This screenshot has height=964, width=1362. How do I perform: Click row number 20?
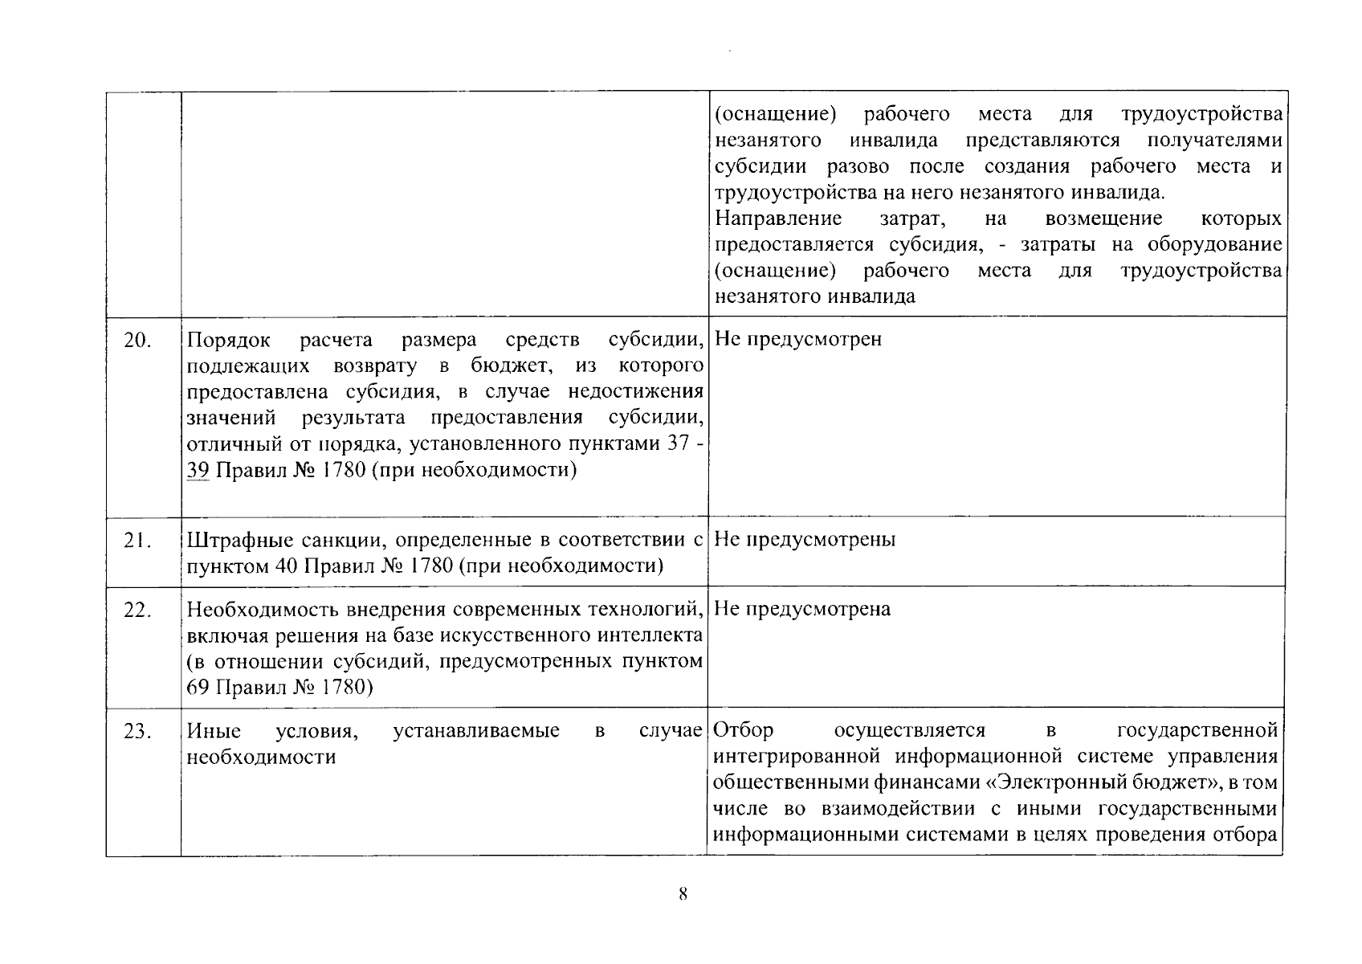[137, 341]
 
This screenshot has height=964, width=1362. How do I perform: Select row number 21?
[137, 541]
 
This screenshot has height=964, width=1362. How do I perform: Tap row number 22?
[137, 611]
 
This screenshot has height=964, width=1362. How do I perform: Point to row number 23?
[137, 732]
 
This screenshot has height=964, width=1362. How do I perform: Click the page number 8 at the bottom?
[682, 894]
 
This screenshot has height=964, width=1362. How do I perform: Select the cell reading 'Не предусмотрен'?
[798, 339]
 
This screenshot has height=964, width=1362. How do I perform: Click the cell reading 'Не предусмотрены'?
[805, 540]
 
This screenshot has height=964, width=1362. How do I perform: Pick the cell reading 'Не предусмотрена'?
[802, 609]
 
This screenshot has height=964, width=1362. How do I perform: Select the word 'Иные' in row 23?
[214, 731]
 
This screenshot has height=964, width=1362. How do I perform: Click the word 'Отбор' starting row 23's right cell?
[744, 730]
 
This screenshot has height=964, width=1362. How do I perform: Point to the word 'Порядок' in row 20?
[228, 339]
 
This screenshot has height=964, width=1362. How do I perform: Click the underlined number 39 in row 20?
[198, 470]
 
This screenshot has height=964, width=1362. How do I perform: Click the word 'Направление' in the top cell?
[778, 219]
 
